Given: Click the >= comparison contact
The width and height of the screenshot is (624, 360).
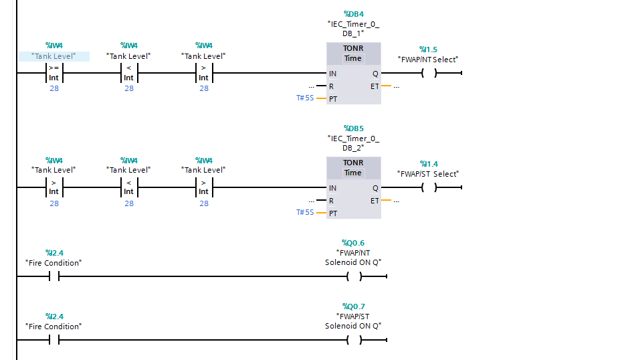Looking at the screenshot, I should pos(54,72).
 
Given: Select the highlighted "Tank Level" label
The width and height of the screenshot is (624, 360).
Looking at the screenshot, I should pos(54,56).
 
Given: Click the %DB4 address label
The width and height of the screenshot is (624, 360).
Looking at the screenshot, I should pos(353,14).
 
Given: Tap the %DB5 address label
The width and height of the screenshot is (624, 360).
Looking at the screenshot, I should pos(353,128).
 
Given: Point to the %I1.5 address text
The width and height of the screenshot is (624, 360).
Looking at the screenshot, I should pos(428,50).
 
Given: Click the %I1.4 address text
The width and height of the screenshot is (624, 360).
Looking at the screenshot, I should pos(428,164).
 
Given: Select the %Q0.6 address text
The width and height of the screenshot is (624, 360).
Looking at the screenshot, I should pos(353,243).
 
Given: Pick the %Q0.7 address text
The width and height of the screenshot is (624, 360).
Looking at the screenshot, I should pos(353,306).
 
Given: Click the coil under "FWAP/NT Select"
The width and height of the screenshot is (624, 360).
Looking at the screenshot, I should pos(428,73).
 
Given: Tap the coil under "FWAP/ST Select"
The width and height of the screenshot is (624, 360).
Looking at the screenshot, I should pos(428,187).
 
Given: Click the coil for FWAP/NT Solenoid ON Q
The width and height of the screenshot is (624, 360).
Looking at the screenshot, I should pos(353,276).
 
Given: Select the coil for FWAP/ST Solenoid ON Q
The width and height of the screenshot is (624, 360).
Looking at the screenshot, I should pos(353,340).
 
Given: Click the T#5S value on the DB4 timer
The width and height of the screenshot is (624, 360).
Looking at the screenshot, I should pos(305,98).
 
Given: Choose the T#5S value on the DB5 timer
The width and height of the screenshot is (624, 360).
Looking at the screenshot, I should pos(305,213).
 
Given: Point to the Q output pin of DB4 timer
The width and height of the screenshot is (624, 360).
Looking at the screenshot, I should pos(375,74).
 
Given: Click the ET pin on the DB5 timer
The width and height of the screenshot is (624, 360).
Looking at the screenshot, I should pos(375,201).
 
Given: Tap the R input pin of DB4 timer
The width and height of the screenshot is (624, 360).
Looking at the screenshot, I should pos(331,86).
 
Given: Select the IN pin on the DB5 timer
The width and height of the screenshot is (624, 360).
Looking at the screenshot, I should pos(332,188).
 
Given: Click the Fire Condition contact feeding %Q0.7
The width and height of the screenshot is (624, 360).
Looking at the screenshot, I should pos(54,340).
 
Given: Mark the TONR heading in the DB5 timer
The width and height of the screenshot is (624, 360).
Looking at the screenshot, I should pos(353,163).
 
